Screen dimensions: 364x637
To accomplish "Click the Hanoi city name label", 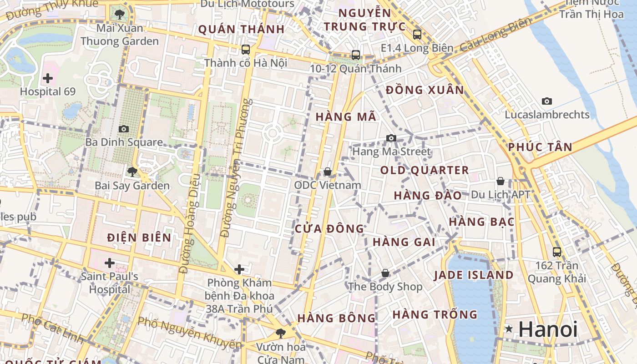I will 548,329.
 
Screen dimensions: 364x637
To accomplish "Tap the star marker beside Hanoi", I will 509,329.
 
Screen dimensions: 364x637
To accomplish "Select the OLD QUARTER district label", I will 424,171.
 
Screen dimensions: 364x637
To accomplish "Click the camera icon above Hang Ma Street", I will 391,138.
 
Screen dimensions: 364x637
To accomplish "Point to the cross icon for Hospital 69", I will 47,78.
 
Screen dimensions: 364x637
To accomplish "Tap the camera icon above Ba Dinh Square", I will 123,129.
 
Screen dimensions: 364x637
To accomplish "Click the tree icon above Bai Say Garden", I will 132,172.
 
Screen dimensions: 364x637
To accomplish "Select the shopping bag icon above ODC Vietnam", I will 327,172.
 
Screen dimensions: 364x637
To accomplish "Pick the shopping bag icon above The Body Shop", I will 385,273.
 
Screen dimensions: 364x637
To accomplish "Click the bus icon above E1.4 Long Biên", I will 417,34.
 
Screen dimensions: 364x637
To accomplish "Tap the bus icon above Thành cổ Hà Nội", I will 245,49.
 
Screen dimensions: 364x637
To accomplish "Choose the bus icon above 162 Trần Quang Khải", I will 556,252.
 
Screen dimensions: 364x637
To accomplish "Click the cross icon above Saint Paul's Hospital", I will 109,263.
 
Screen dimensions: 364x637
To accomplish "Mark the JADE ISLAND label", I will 473,275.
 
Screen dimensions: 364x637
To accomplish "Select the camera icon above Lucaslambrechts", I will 546,101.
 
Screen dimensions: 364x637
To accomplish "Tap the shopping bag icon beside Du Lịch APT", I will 500,181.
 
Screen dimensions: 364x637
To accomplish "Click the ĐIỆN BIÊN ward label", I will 139,237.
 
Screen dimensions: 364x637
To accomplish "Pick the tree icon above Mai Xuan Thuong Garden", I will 120,15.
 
